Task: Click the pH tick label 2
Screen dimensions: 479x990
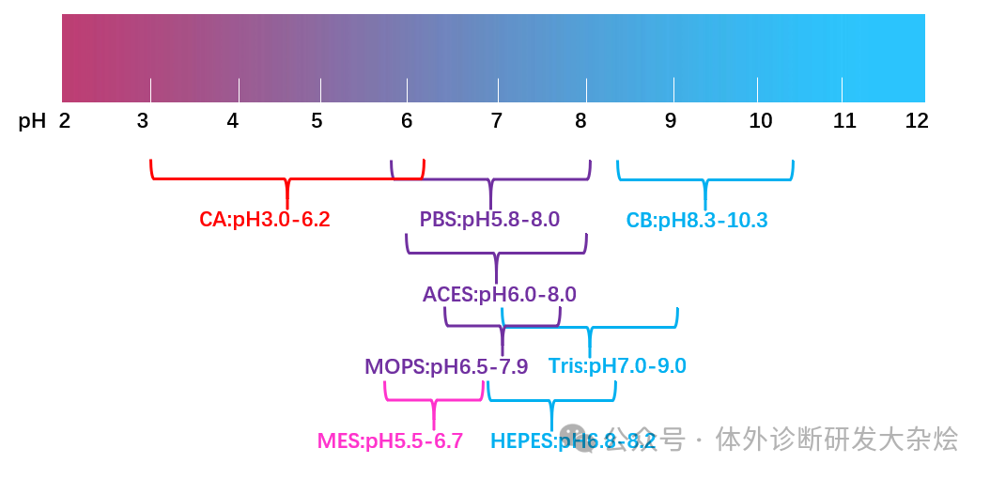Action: tap(65, 121)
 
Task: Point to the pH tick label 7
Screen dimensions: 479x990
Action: tap(496, 121)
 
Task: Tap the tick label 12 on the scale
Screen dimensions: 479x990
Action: tap(916, 121)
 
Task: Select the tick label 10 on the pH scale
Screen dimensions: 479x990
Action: tap(761, 121)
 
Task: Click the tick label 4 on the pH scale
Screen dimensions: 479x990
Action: tap(232, 121)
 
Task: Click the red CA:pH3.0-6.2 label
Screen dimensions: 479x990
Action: tap(265, 220)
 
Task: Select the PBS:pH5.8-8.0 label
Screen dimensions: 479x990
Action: tap(489, 220)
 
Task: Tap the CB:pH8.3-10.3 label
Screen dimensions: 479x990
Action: tap(697, 221)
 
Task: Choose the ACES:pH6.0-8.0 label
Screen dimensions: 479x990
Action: tap(499, 294)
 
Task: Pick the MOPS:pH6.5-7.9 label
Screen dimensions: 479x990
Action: tap(446, 366)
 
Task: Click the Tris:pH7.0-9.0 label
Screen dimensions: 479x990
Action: tap(617, 366)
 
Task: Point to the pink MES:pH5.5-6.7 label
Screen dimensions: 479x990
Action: tap(390, 441)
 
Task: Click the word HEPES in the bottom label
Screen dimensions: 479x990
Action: tap(523, 441)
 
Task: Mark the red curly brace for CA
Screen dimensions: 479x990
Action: tap(287, 178)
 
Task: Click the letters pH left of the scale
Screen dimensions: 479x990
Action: tap(32, 121)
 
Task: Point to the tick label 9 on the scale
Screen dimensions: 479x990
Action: tap(670, 121)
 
